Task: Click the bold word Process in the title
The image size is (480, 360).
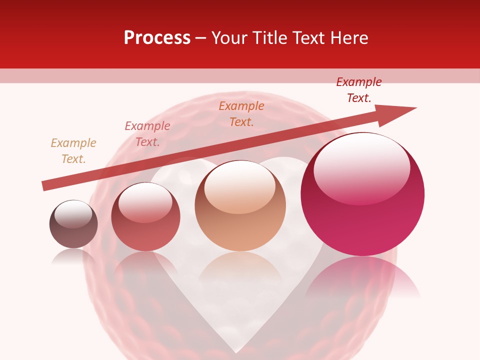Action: [x=157, y=38]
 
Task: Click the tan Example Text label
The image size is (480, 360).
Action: [x=73, y=151]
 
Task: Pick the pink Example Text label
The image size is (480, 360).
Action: [x=147, y=134]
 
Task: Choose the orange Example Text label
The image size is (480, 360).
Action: [x=241, y=114]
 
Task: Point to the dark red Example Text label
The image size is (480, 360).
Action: [x=359, y=90]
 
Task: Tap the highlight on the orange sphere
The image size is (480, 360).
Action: [x=239, y=186]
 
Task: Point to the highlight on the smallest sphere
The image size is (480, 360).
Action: [x=73, y=214]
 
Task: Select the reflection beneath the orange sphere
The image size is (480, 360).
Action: [x=240, y=267]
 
